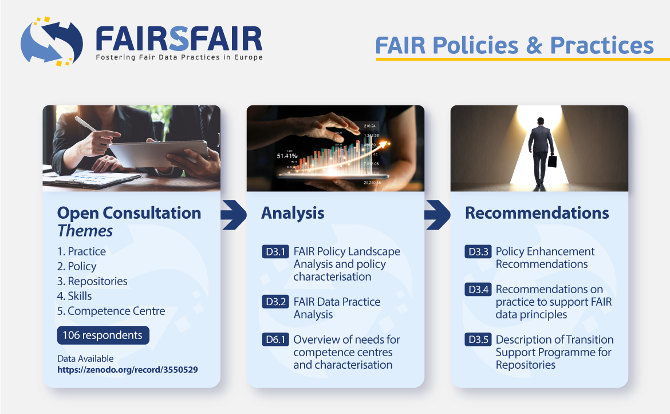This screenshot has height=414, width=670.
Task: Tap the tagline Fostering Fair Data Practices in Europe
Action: click(179, 57)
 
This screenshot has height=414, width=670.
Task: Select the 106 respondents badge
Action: click(103, 335)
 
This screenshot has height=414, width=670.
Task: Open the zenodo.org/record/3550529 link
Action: click(128, 370)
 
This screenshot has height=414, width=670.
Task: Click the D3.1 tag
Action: click(275, 252)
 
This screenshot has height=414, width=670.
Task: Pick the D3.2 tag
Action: click(275, 302)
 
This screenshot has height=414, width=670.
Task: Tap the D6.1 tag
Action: click(275, 340)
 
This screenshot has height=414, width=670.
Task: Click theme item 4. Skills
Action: click(74, 296)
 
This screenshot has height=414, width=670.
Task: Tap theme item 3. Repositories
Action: click(92, 281)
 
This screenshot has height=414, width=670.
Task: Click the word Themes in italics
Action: click(85, 231)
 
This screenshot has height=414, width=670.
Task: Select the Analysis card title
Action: click(293, 214)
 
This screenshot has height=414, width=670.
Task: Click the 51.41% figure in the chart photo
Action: click(287, 156)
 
